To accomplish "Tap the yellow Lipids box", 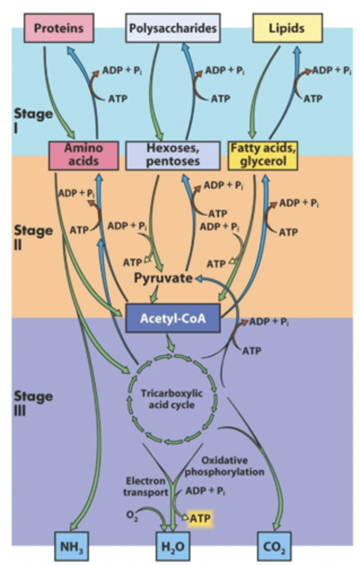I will pyautogui.click(x=287, y=28).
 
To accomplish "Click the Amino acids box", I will pyautogui.click(x=83, y=154).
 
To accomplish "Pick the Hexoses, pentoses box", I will pyautogui.click(x=173, y=154).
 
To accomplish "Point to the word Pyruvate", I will pyautogui.click(x=163, y=278).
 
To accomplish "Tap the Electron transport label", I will pyautogui.click(x=145, y=487).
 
